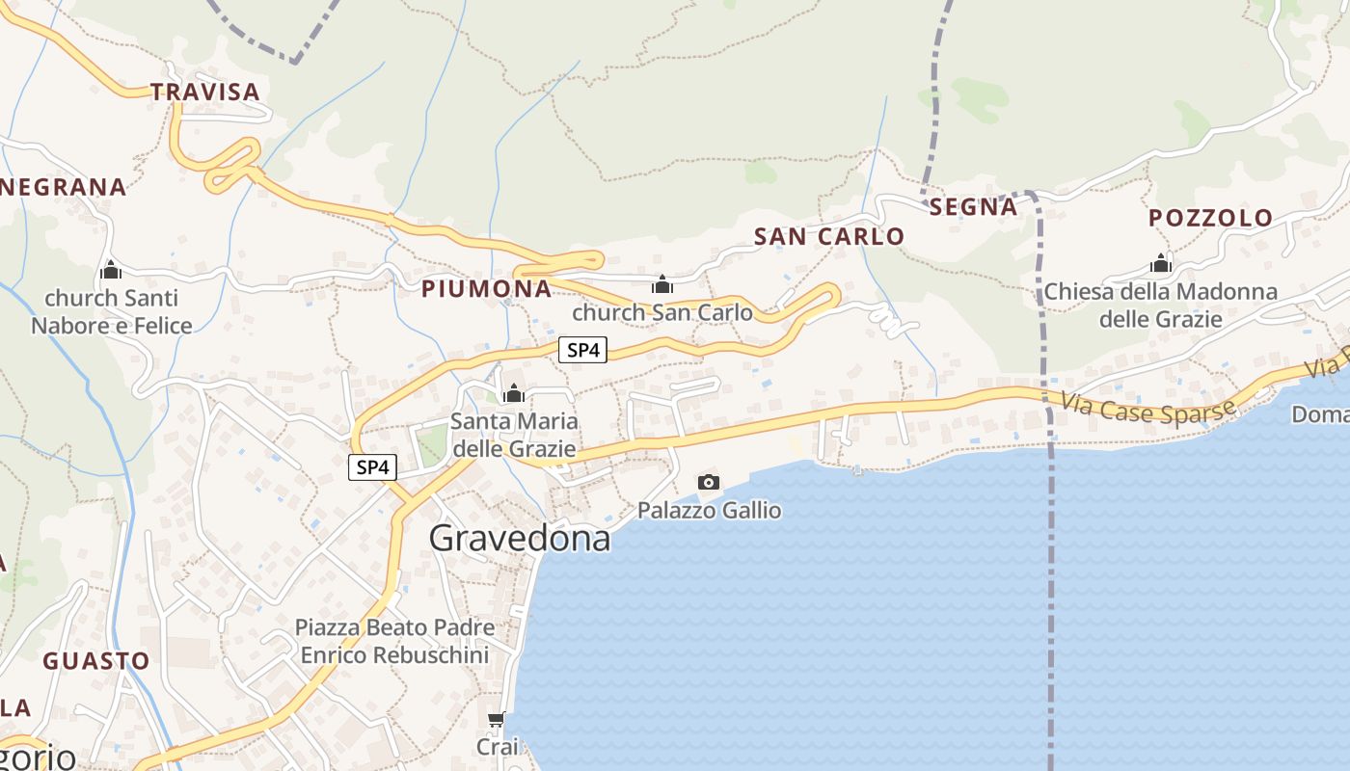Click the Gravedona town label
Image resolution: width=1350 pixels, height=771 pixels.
520,539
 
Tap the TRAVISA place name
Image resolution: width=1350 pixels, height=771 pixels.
205,92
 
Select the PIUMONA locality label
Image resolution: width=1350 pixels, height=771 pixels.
487,288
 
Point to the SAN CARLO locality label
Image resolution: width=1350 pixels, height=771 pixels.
829,236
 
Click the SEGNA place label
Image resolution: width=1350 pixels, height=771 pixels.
973,206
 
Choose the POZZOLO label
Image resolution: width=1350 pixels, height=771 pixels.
1210,218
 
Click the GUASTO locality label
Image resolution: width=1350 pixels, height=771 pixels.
96,661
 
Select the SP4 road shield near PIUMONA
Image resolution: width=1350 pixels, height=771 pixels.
583,350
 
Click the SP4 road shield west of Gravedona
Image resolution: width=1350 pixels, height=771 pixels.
372,467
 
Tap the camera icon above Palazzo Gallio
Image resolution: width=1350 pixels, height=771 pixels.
709,482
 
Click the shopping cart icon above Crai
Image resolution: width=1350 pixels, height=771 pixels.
497,720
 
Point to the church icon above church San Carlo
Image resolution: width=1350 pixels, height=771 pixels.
662,284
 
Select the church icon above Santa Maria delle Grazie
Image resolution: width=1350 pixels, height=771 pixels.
514,393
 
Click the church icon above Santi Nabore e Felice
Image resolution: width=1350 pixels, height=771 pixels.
111,270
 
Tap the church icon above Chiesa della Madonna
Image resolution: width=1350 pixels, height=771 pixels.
1161,263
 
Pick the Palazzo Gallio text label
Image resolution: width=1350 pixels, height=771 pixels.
710,510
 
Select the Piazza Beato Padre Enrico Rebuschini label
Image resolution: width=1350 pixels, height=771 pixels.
394,641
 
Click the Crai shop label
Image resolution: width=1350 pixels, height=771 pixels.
498,747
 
